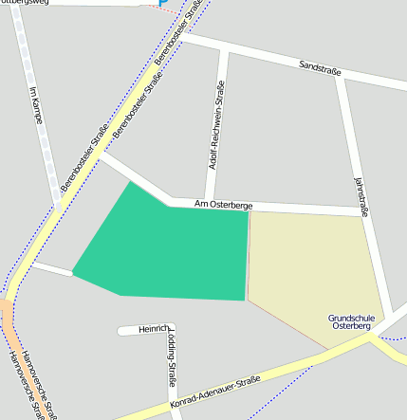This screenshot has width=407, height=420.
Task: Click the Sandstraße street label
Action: pyautogui.click(x=320, y=67)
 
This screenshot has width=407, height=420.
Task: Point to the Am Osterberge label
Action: pyautogui.click(x=224, y=203)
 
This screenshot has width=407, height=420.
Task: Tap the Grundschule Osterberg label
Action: pyautogui.click(x=350, y=321)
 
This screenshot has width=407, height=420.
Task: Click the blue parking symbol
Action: pyautogui.click(x=162, y=3)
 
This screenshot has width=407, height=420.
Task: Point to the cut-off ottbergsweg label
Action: pyautogui.click(x=28, y=3)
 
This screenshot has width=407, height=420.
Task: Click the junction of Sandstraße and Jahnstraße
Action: pyautogui.click(x=340, y=75)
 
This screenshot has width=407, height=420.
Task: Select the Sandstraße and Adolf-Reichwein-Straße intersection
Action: pyautogui.click(x=225, y=46)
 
